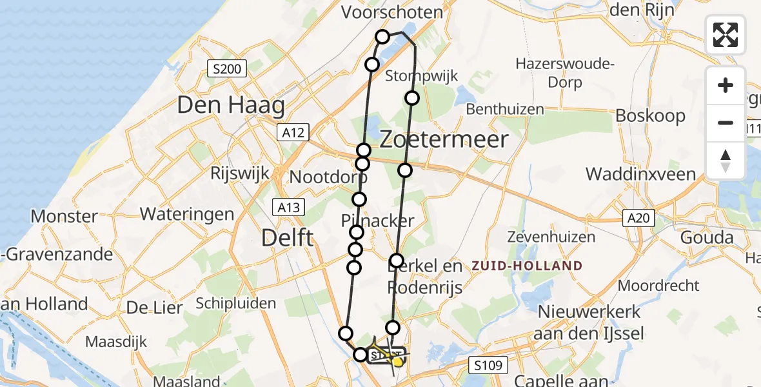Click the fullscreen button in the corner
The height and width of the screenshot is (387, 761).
[x=726, y=34]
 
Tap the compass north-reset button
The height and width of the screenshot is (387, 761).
[x=726, y=161]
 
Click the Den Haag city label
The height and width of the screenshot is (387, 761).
[x=231, y=105]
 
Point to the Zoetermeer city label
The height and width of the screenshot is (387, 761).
[x=444, y=139]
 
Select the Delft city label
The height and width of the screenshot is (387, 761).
[x=288, y=238]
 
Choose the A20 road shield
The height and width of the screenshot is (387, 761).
[x=638, y=219]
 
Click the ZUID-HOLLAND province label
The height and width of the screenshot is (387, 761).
[x=527, y=266]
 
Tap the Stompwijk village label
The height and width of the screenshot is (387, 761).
[x=421, y=76]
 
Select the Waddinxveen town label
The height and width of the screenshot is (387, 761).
[x=640, y=174]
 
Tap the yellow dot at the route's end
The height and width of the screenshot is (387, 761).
[x=398, y=362]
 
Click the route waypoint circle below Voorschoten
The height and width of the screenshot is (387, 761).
[x=382, y=37]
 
